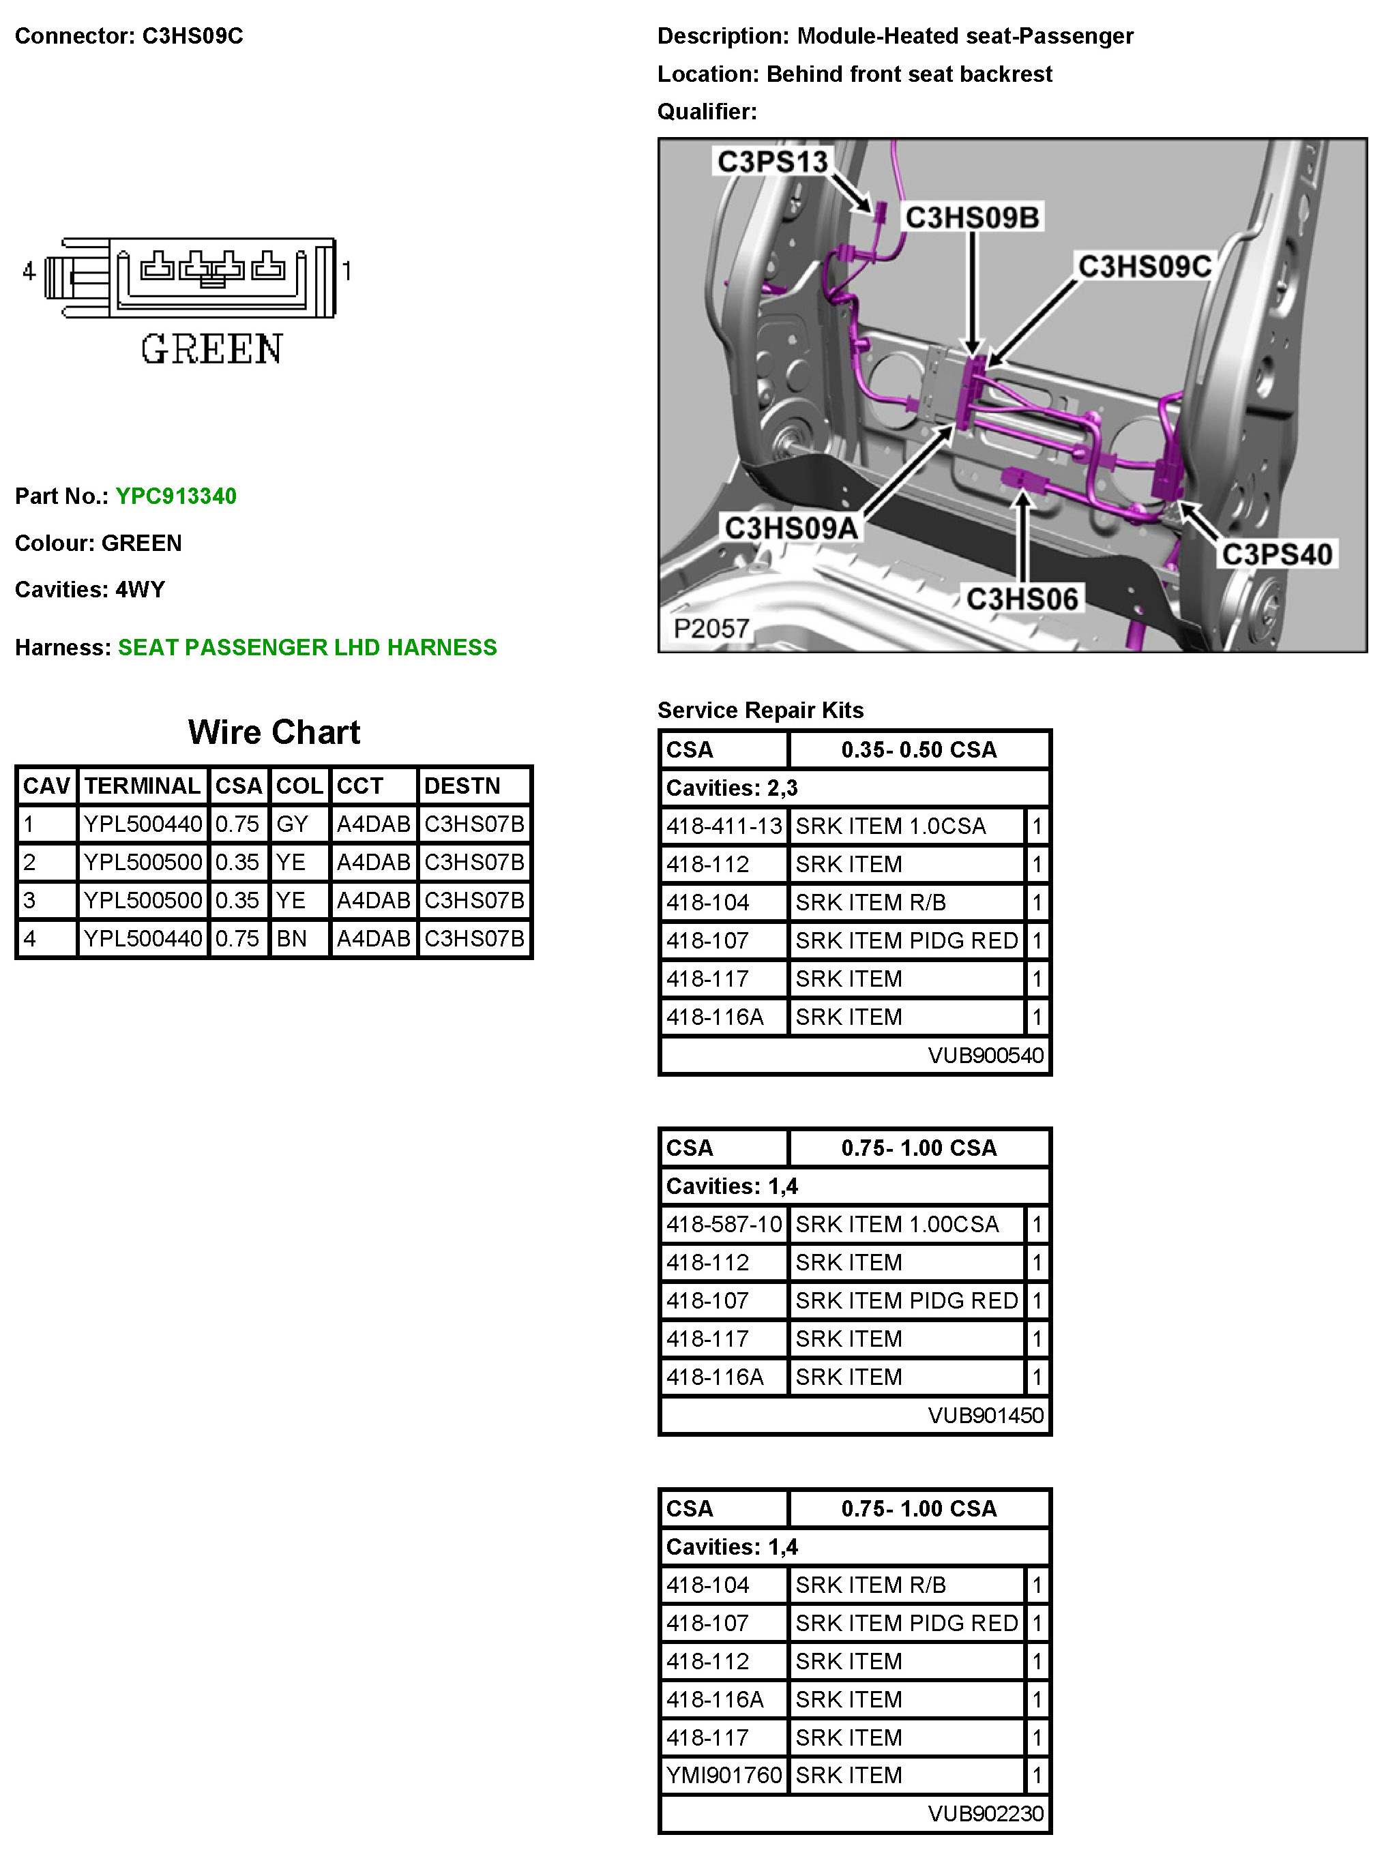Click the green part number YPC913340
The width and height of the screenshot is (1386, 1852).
[176, 496]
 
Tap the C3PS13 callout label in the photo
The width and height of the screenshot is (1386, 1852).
[771, 162]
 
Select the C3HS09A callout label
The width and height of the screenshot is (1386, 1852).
[791, 528]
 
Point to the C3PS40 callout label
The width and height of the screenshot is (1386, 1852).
[1276, 554]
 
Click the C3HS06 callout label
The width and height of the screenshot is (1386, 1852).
[1022, 599]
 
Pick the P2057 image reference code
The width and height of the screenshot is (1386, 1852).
[711, 628]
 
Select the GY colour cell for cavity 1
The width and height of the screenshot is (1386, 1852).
[293, 824]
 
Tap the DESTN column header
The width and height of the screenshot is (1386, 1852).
[462, 786]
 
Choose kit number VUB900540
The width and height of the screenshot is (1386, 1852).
[985, 1055]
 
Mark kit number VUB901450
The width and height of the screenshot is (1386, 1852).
[985, 1415]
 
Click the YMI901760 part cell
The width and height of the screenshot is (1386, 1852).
[724, 1775]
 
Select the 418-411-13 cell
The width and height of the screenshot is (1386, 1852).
[724, 826]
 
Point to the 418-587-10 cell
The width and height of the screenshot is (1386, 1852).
[724, 1224]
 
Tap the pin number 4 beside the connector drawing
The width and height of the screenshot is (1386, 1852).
[29, 271]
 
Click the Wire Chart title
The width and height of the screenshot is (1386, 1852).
[274, 732]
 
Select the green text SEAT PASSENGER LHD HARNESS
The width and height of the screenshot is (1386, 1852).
[308, 647]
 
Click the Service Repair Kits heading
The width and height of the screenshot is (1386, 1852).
[760, 710]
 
